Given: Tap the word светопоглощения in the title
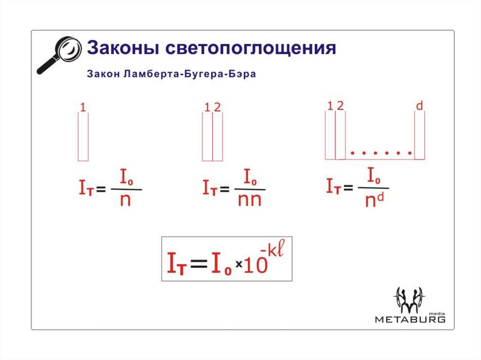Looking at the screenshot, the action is pos(251,49).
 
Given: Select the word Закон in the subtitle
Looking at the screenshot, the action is pos(102,75).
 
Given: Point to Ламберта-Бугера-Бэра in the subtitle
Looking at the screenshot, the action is pos(189,75).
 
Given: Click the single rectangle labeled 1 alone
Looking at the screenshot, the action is pos(83,137).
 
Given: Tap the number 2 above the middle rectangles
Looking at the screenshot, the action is pos(217,107).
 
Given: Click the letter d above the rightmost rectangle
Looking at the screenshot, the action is pos(419,106).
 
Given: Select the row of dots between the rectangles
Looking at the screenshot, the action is pos(381,153).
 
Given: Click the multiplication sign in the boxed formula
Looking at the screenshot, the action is pos(238,265).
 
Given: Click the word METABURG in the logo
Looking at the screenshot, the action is pos(410,320).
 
